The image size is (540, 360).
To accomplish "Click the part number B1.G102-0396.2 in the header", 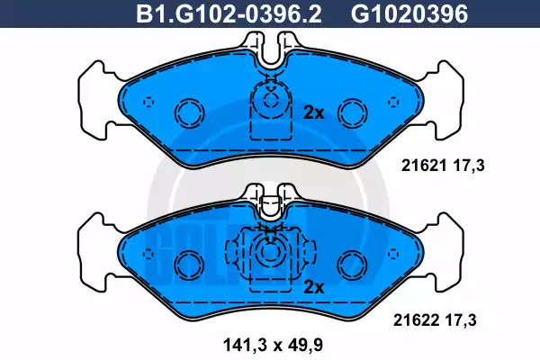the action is (229, 14).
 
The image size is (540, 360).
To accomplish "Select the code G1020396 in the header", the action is (409, 14).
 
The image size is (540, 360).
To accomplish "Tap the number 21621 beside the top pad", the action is (423, 166).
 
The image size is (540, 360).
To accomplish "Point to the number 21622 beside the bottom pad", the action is (416, 320).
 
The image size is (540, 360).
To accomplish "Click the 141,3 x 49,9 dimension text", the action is (273, 345).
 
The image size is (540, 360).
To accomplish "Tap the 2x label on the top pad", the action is (314, 112).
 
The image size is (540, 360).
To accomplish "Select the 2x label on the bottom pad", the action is (314, 287).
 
